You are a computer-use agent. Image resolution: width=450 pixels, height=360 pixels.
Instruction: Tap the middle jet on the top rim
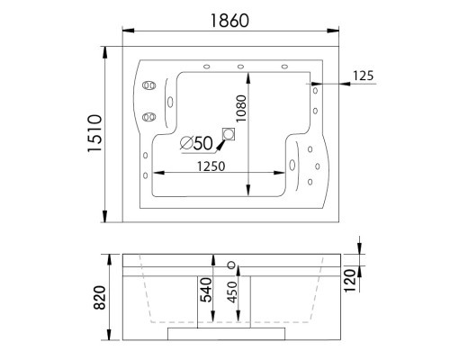pyautogui.click(x=241, y=66)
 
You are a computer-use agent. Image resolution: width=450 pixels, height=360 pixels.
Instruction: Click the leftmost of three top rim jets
pyautogui.click(x=208, y=66)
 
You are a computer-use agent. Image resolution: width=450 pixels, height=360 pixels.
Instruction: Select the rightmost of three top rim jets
pyautogui.click(x=285, y=66)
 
